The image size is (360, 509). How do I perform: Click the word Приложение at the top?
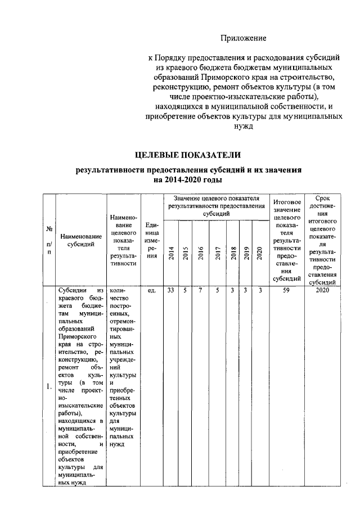pos(242,38)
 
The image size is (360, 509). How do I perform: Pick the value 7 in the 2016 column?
pos(200,291)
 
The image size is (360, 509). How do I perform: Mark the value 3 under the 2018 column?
pos(232,291)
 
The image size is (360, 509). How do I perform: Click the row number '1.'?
pos(49,386)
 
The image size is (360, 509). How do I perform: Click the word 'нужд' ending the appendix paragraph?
pos(244,127)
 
